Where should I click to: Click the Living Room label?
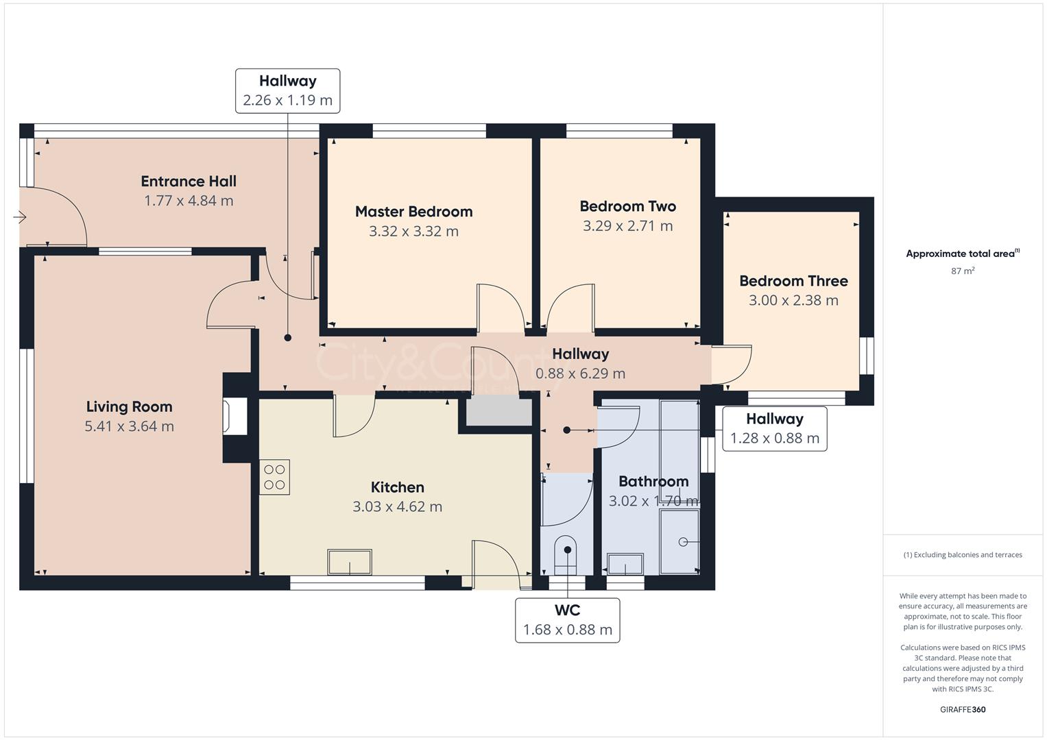129,406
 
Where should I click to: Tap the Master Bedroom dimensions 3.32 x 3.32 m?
413,232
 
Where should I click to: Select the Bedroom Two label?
627,206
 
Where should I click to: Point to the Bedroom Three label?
793,281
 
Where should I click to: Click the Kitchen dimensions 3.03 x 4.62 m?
397,507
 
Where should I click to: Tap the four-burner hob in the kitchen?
274,477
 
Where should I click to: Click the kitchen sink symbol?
350,563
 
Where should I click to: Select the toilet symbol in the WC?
566,555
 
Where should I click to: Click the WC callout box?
567,620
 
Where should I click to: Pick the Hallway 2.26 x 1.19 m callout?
287,90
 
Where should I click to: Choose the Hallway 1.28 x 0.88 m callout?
774,429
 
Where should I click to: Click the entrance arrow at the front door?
19,217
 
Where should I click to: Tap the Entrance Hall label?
189,182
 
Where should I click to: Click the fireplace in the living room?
234,417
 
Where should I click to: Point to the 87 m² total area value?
963,271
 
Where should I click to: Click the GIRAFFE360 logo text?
963,709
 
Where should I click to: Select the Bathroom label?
653,481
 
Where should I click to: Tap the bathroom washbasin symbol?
625,565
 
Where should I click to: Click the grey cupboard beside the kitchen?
499,413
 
